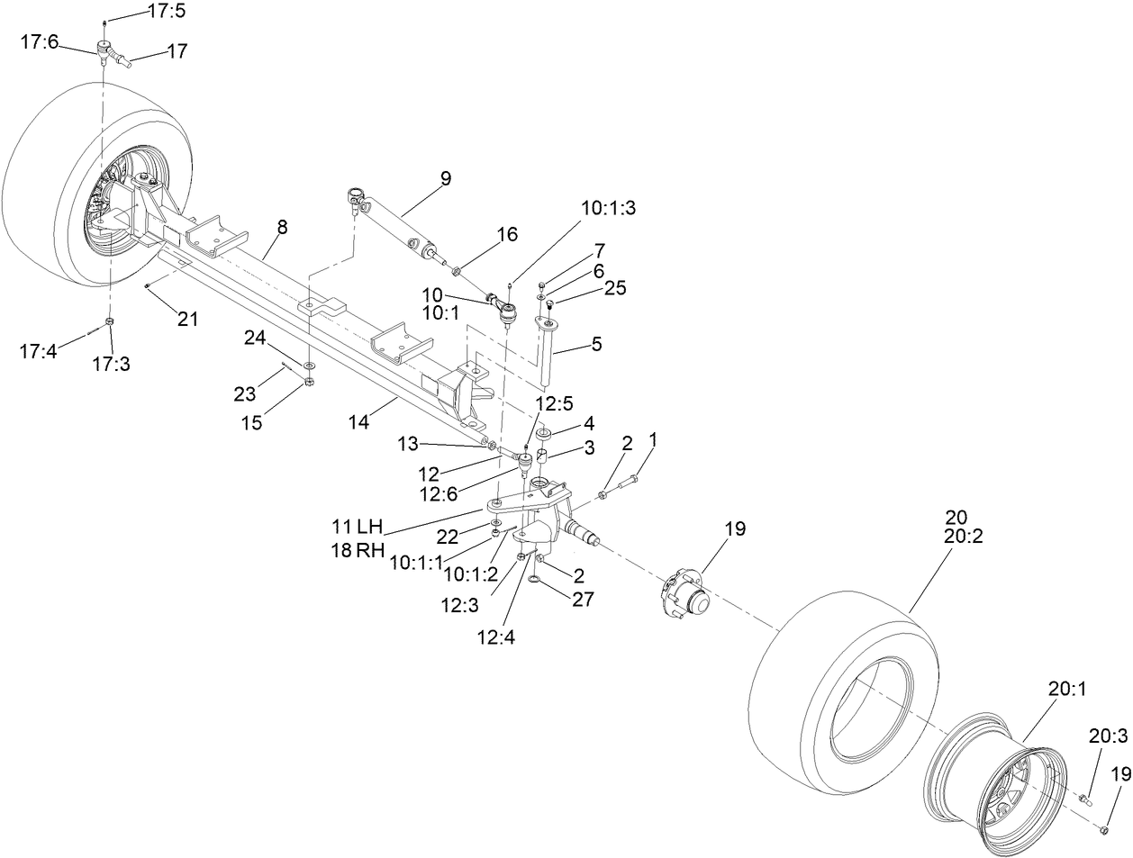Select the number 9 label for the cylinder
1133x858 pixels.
pos(445,179)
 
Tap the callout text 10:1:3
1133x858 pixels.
pos(608,207)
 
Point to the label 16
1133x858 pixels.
pos(507,235)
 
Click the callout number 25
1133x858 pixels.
pos(614,288)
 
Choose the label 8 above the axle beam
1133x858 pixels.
pos(282,228)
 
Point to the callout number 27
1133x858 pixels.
pos(583,599)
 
